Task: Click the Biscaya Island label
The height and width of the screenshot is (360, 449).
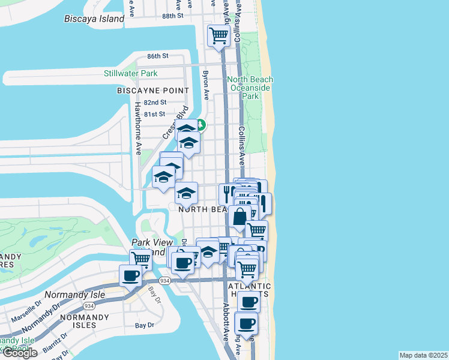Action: coord(94,19)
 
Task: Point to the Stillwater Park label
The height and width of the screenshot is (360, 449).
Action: coord(130,74)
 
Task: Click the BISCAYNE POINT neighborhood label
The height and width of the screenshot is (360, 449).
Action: coord(153,91)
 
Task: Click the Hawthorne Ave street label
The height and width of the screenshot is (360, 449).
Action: coord(137,128)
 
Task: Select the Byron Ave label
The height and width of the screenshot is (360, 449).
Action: coord(205,85)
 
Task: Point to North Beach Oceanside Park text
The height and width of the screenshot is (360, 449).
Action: coord(250,88)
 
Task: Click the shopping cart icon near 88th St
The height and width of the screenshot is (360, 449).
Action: coord(218,35)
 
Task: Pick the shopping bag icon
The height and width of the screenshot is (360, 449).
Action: coord(240,217)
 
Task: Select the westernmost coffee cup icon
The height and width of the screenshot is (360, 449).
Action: coord(130,276)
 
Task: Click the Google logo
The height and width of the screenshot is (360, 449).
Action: coord(19,353)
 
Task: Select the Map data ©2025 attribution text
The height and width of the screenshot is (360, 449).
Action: coord(423,355)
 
